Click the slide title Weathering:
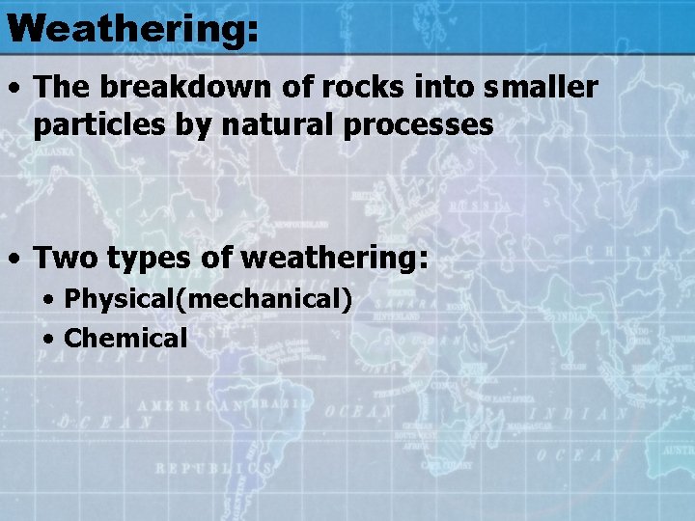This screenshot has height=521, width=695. pyautogui.click(x=131, y=28)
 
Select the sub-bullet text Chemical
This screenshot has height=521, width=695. pyautogui.click(x=125, y=338)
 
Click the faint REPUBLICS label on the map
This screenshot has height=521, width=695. pyautogui.click(x=213, y=468)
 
